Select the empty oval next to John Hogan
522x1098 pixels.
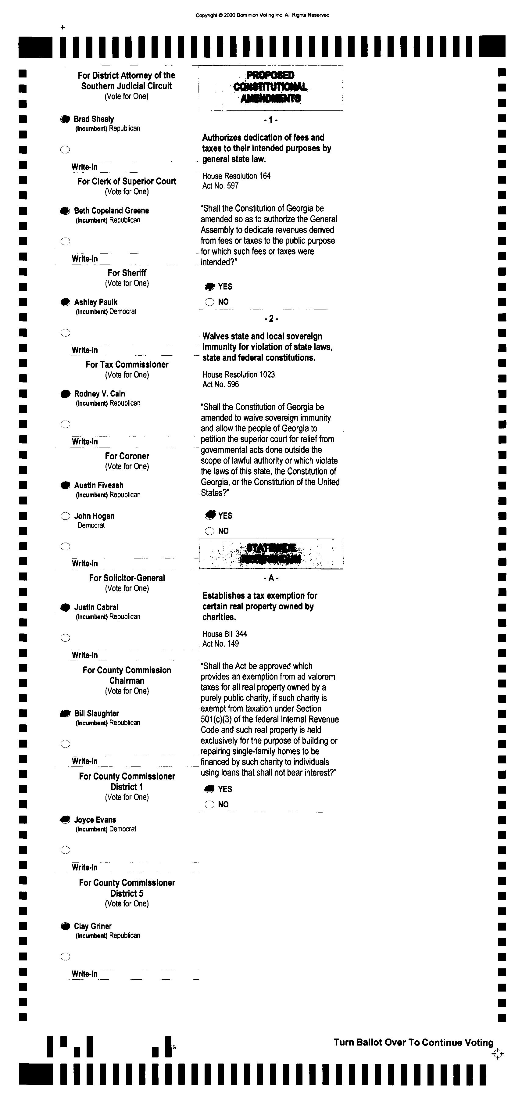tap(65, 516)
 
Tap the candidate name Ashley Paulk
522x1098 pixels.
tap(95, 302)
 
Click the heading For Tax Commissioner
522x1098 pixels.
tap(127, 364)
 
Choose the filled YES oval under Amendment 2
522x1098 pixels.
tap(210, 515)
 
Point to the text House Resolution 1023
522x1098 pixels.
tap(239, 375)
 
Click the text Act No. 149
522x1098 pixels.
tap(220, 644)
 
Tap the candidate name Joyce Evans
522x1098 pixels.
tap(95, 820)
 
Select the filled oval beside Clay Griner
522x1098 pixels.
tap(65, 926)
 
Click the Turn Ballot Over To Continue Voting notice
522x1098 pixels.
tap(413, 1042)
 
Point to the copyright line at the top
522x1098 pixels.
tap(262, 15)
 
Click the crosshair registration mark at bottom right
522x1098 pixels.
tap(497, 1054)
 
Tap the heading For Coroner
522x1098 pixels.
tap(127, 456)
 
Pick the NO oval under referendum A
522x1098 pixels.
tap(209, 804)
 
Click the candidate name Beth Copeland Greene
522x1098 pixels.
tap(111, 210)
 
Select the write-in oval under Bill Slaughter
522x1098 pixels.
tap(65, 744)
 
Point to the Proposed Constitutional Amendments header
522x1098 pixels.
tap(270, 87)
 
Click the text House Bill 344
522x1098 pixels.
tap(225, 634)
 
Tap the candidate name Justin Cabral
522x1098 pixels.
tap(96, 607)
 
